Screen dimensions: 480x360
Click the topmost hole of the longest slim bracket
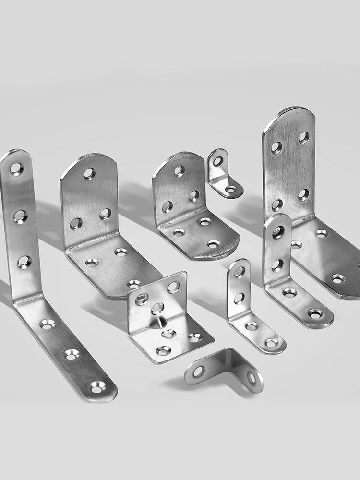(x=16, y=168)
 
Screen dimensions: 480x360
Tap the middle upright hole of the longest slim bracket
(x=20, y=216)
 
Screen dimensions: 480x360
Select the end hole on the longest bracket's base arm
(x=97, y=387)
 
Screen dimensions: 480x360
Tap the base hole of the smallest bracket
(x=231, y=189)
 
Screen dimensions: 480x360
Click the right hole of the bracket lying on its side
(x=252, y=378)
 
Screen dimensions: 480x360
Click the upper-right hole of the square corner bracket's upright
(x=173, y=287)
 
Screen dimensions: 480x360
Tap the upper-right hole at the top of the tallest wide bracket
(x=303, y=137)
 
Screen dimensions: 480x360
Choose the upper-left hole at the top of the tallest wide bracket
(x=276, y=147)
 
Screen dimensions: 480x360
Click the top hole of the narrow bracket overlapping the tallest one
(x=278, y=232)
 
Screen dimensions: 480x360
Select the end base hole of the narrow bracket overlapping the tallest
(x=315, y=313)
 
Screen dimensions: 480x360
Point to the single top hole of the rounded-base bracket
(x=179, y=170)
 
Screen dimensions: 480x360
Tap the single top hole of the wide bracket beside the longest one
(x=89, y=173)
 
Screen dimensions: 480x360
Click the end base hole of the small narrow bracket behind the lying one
(x=272, y=343)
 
